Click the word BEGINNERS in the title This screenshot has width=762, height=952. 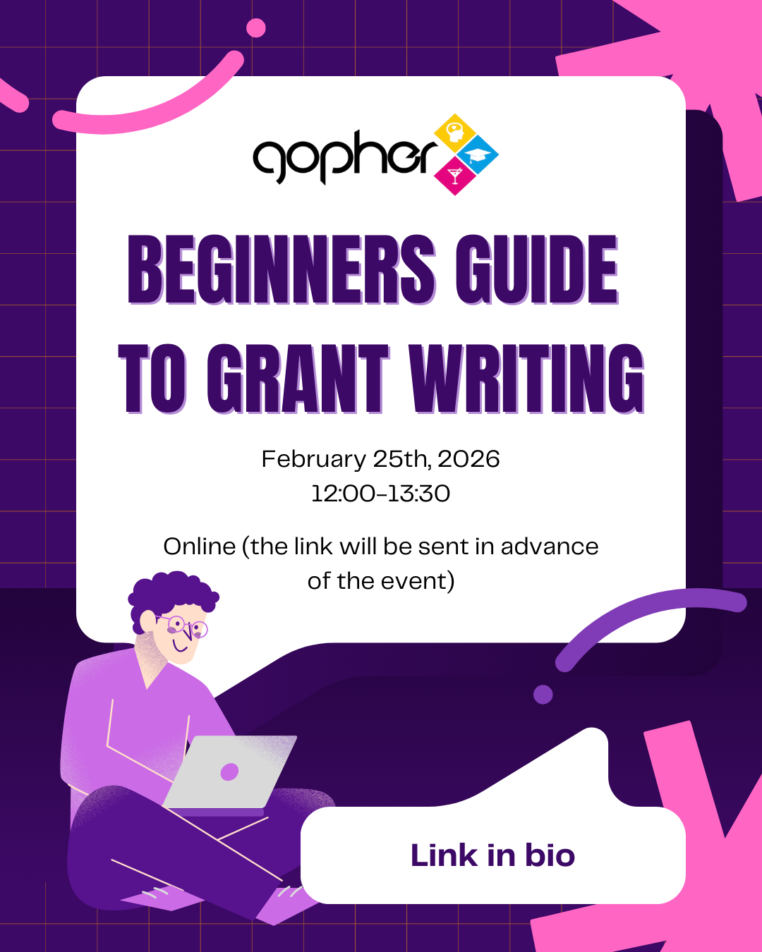tap(281, 269)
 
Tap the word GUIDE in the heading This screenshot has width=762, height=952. tap(536, 269)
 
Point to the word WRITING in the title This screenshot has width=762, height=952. tap(526, 379)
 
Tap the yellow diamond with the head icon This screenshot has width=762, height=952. tap(455, 133)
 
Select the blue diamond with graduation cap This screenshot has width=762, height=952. tap(478, 155)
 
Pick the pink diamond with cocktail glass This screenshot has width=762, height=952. tap(455, 176)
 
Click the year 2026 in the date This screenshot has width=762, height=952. tap(468, 459)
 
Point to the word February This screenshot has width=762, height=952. tap(313, 459)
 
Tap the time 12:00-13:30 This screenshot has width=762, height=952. tap(381, 494)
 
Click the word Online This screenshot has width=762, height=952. tap(200, 547)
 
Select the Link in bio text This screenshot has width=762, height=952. tap(492, 855)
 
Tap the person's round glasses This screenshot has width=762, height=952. tap(185, 626)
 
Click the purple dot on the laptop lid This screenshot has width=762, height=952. tap(229, 772)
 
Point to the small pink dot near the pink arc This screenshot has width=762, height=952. tap(256, 28)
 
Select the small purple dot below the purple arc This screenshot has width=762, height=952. tap(543, 694)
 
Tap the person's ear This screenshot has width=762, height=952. tap(148, 621)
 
